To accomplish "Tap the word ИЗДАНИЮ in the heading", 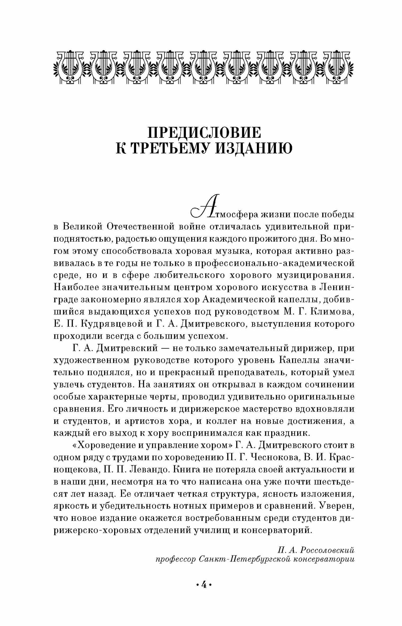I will pos(250,148).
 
